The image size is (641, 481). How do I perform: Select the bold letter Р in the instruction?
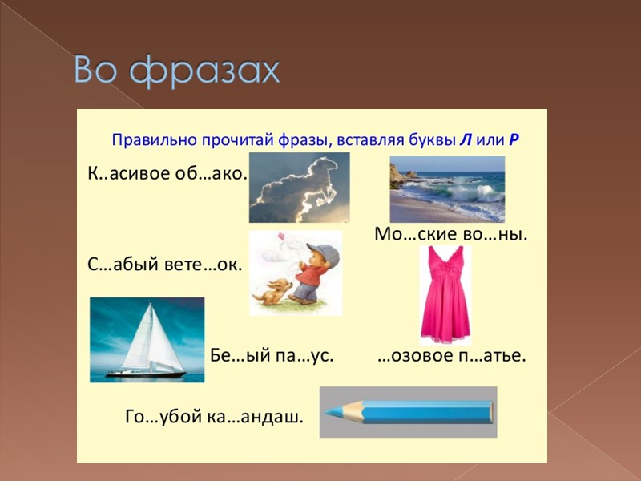(x=514, y=139)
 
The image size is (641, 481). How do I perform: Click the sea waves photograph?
(x=447, y=189)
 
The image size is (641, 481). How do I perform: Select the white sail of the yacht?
(x=143, y=337)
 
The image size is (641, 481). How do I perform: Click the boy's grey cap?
(x=324, y=254)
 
